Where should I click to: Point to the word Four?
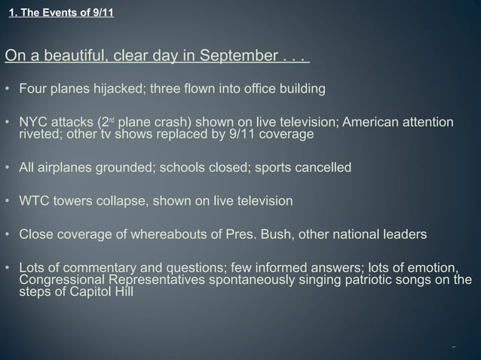(33, 90)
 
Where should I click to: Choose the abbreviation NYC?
(33, 123)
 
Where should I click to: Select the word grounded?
(121, 167)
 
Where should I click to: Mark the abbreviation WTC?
(35, 201)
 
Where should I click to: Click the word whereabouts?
(170, 234)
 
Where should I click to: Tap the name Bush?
(278, 234)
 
